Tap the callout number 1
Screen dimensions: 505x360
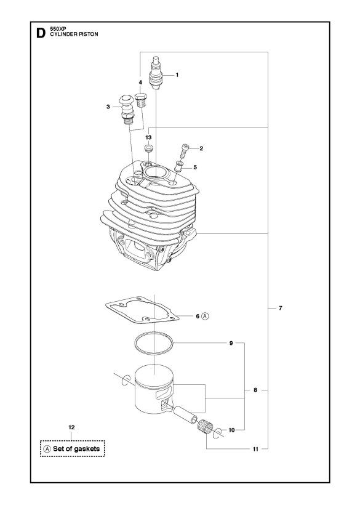[177, 75]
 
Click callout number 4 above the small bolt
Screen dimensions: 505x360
[140, 82]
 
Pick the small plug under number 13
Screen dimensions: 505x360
[148, 149]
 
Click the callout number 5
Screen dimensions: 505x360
[195, 167]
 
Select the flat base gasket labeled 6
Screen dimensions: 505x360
[142, 311]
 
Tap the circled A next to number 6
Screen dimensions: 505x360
[206, 316]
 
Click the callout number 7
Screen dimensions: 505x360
[281, 307]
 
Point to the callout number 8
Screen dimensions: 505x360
[255, 389]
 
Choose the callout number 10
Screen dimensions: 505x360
[232, 430]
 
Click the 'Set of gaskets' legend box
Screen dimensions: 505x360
[73, 448]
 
